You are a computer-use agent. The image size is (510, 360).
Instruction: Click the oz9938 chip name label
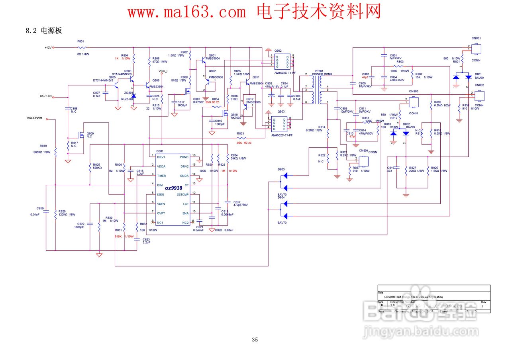(x=173, y=188)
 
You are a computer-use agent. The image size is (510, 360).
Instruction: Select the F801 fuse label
(x=80, y=41)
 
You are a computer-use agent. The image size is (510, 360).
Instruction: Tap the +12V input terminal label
(x=48, y=48)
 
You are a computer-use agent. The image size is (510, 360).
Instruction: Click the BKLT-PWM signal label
(x=35, y=118)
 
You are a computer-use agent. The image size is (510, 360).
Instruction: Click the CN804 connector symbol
(x=363, y=161)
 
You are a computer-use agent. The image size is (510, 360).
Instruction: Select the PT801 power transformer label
(x=319, y=70)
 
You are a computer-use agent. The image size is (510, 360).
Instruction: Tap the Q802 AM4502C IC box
(x=282, y=61)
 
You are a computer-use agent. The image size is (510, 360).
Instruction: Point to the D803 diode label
(x=281, y=169)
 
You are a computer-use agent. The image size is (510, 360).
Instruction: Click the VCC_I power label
(x=163, y=71)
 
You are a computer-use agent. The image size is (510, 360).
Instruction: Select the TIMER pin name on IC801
(x=162, y=176)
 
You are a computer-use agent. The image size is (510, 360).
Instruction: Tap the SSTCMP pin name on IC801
(x=182, y=194)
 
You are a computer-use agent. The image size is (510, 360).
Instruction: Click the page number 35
(x=255, y=340)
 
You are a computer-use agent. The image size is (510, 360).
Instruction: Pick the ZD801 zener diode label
(x=129, y=93)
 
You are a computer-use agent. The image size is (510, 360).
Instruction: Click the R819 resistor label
(x=43, y=146)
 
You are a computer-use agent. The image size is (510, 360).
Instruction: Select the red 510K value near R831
(x=118, y=236)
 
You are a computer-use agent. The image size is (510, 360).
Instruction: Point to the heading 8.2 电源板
(x=44, y=31)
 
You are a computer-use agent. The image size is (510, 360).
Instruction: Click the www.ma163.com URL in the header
(x=187, y=12)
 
